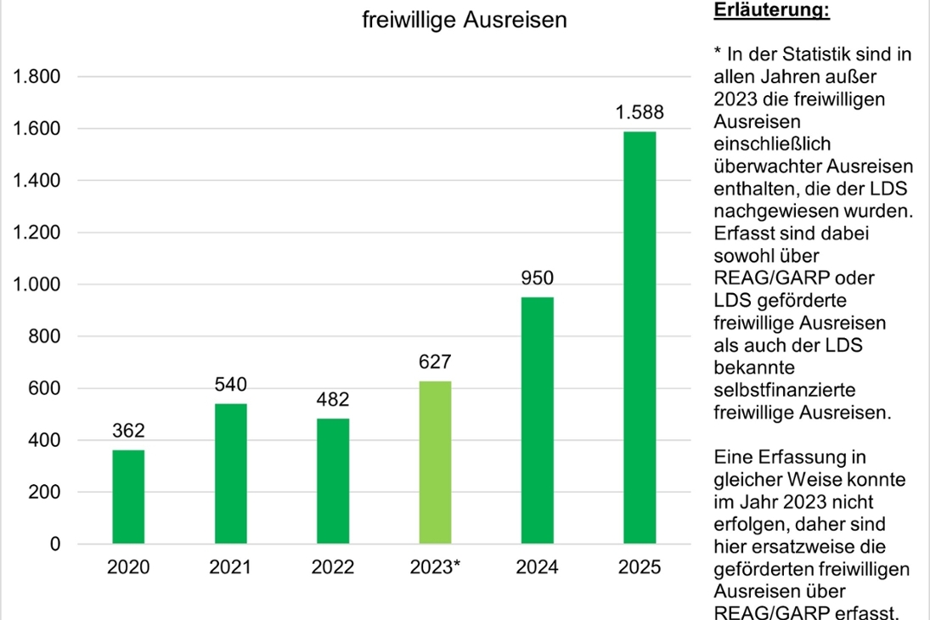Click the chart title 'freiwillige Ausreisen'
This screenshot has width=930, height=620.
point(464,20)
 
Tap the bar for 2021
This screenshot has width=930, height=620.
point(230,473)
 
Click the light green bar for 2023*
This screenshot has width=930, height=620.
point(435,462)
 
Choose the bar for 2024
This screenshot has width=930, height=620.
point(537,420)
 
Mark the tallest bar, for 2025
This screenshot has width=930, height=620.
point(640,337)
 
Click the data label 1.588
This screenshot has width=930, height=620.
point(640,112)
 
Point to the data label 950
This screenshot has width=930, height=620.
point(537,278)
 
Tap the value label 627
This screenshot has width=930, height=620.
point(435,362)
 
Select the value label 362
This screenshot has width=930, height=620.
point(128,431)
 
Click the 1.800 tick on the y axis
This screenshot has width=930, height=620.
point(37,77)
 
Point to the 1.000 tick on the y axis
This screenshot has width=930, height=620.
point(37,285)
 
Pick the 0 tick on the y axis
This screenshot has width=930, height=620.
point(55,544)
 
